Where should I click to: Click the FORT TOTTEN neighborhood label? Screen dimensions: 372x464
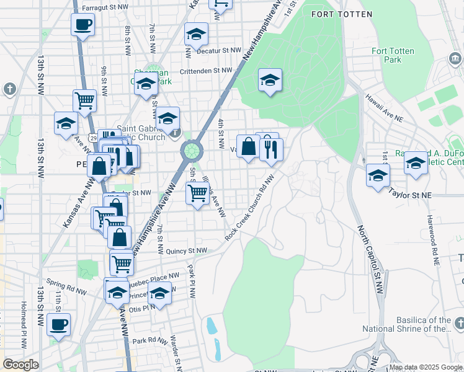coord(337,14)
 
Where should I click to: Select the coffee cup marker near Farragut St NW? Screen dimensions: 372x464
coord(83,25)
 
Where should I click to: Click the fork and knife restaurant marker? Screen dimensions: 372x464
coord(271,149)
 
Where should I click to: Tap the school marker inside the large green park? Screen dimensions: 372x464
coord(270,80)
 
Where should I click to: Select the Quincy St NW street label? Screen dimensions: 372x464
coord(187,251)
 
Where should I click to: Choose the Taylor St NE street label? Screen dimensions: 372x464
coord(409,194)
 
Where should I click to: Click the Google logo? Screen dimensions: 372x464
coord(21,365)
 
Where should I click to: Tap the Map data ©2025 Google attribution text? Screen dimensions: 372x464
coord(425,367)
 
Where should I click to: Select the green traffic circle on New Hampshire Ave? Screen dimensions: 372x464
coord(192,150)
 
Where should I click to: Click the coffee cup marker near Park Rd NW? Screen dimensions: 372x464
coord(58,324)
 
